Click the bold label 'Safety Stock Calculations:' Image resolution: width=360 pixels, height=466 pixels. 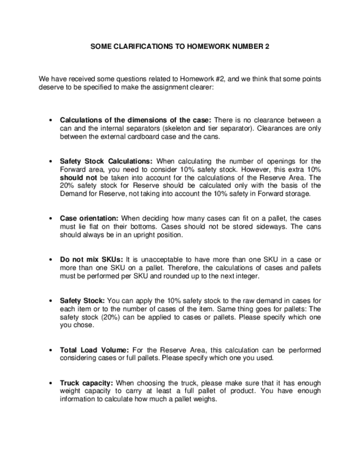pyautogui.click(x=106, y=162)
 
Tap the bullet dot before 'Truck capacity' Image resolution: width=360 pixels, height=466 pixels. pyautogui.click(x=51, y=382)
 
